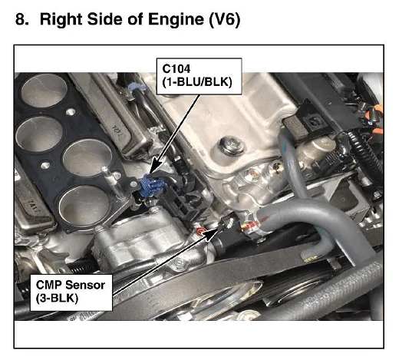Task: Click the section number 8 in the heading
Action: (21, 19)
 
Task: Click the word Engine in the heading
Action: (176, 19)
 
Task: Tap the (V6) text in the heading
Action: (224, 20)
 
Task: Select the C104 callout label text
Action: (176, 69)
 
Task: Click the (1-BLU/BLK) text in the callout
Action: (197, 82)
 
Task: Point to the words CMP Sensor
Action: (70, 285)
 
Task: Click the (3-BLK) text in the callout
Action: (57, 299)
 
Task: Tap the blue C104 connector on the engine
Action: (152, 186)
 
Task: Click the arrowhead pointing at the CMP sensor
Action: (212, 233)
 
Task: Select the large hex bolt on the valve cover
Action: (232, 146)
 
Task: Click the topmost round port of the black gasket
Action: (44, 90)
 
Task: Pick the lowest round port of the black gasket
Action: (84, 206)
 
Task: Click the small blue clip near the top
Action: (137, 87)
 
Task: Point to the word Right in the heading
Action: (61, 20)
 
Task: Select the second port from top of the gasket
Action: (39, 134)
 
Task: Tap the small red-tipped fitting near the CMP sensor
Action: (200, 231)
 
